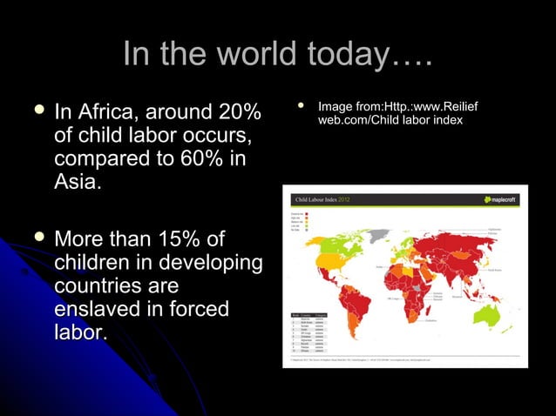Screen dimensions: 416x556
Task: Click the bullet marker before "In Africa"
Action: tap(35, 112)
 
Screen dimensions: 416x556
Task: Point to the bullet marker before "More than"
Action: tap(35, 238)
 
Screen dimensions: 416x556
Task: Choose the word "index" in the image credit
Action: tap(446, 120)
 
